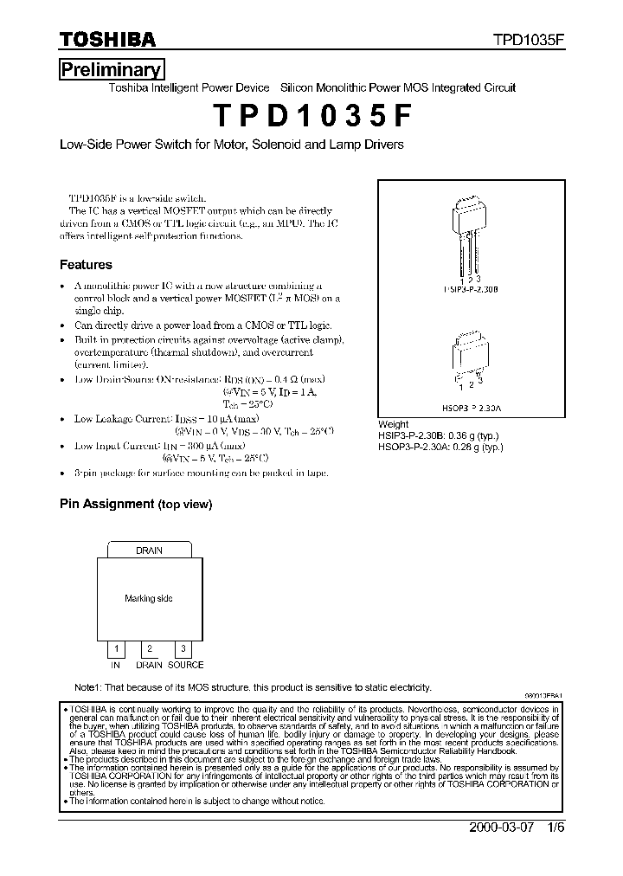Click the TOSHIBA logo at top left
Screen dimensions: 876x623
pyautogui.click(x=107, y=40)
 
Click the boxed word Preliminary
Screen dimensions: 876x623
pyautogui.click(x=111, y=70)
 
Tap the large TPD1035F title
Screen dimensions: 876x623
pyautogui.click(x=311, y=115)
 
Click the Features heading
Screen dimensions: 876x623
pyautogui.click(x=86, y=265)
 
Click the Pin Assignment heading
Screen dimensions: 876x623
pyautogui.click(x=135, y=504)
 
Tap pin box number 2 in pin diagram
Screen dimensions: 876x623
pyautogui.click(x=150, y=648)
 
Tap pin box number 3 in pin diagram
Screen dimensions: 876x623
pyautogui.click(x=183, y=648)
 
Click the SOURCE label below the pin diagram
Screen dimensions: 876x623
pyautogui.click(x=185, y=665)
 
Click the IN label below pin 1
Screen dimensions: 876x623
pyautogui.click(x=115, y=665)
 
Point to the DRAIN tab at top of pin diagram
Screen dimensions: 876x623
pyautogui.click(x=149, y=550)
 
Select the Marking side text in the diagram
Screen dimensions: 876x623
pyautogui.click(x=149, y=598)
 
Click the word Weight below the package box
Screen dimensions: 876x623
pyautogui.click(x=394, y=424)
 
